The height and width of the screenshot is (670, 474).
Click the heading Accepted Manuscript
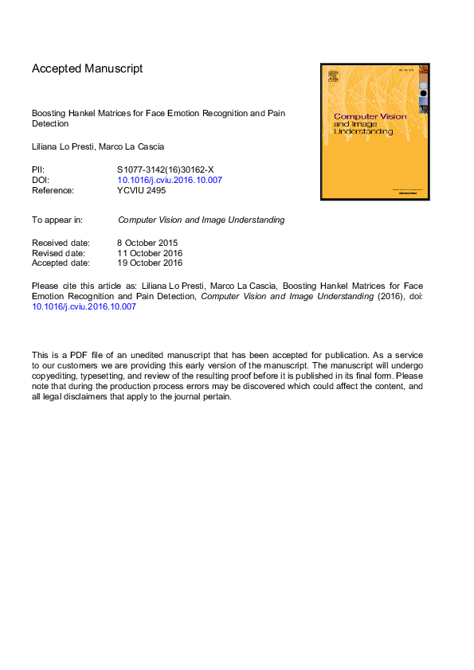click(x=88, y=68)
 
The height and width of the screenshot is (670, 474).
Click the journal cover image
click(x=374, y=131)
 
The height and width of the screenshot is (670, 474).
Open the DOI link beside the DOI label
click(x=170, y=181)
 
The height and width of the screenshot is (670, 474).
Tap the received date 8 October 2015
click(x=147, y=243)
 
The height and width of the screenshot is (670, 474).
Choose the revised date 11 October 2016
click(x=150, y=253)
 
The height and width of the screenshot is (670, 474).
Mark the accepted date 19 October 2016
click(x=150, y=263)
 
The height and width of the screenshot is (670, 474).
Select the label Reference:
click(x=53, y=191)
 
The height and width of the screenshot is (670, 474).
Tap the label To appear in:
click(x=58, y=220)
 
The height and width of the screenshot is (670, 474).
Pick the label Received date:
click(x=61, y=243)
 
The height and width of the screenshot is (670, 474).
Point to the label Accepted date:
click(x=61, y=263)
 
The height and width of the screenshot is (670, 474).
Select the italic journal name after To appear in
click(x=201, y=220)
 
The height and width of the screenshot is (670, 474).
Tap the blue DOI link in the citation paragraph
click(x=84, y=306)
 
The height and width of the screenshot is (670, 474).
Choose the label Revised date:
click(x=59, y=253)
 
